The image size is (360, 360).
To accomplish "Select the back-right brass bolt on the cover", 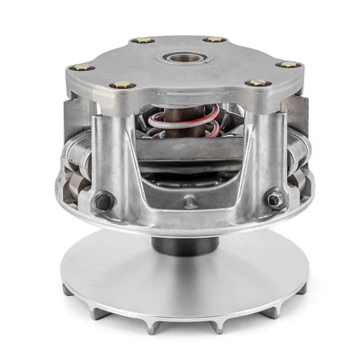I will [214, 40].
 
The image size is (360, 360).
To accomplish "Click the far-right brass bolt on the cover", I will [287, 64].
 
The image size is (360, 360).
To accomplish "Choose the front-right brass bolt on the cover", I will [256, 83].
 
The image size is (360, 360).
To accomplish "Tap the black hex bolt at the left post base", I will [103, 201].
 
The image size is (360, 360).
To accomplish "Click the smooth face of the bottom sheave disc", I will [180, 279].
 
